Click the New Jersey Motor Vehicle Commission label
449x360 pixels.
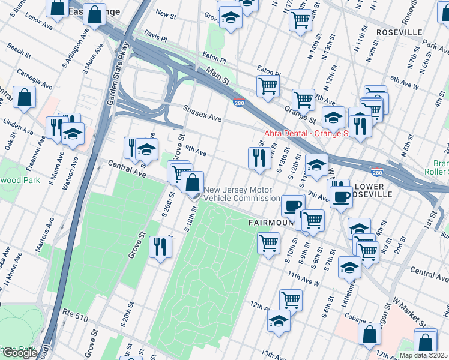242,194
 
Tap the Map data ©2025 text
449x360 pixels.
423,355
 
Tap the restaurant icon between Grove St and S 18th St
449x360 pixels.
160,248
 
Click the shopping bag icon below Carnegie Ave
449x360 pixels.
25,98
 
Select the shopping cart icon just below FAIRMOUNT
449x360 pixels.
268,244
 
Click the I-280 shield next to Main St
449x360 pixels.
239,103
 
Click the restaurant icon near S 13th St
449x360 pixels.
258,158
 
